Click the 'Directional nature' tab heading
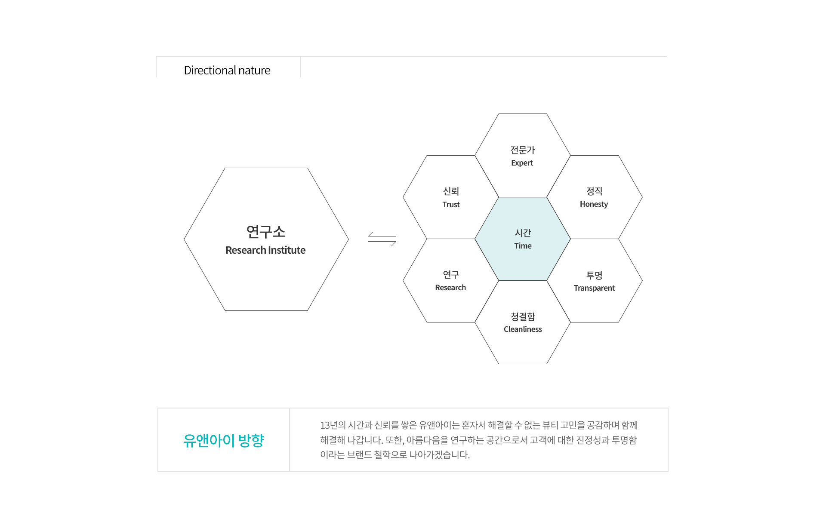coord(227,70)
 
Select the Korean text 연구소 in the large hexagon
coord(266,231)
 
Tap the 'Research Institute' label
coord(265,250)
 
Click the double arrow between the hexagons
coord(382,239)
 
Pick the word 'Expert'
coord(522,163)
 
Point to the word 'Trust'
coord(451,204)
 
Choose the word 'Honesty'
coord(594,204)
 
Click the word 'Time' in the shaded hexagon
coord(523,246)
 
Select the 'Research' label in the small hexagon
coord(450,287)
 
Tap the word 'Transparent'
coord(594,288)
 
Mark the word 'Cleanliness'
coord(523,329)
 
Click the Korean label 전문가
coord(522,150)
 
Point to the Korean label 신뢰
coord(451,191)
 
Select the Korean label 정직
coord(594,191)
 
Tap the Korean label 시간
coord(523,233)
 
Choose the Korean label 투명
coord(594,275)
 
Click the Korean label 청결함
coord(523,316)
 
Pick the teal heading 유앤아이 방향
coord(223,440)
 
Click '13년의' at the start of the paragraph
coord(333,425)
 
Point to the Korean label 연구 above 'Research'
coord(451,274)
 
